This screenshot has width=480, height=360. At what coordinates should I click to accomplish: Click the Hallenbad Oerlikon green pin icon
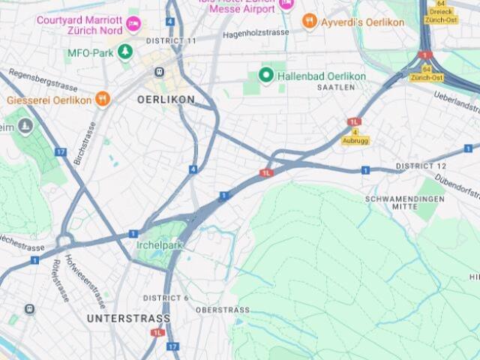click(265, 75)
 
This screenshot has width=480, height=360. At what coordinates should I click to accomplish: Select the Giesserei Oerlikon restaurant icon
click(103, 100)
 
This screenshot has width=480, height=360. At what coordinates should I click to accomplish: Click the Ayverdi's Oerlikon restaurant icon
click(310, 22)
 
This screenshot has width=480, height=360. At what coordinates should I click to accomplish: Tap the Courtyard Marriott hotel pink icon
click(133, 22)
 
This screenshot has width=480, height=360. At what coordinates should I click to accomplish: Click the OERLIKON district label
click(166, 99)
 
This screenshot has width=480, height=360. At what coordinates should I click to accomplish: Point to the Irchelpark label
click(160, 245)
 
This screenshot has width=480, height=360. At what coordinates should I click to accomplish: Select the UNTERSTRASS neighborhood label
click(128, 318)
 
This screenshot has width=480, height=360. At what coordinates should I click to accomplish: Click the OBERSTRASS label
click(223, 310)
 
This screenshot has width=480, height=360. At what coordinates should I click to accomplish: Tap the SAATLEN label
click(335, 88)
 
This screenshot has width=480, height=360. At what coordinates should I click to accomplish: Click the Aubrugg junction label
click(355, 141)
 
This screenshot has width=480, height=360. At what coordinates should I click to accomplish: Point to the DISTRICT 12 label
click(421, 165)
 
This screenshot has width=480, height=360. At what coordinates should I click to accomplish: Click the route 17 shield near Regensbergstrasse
click(60, 151)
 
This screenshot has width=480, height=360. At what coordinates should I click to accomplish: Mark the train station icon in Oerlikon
click(159, 72)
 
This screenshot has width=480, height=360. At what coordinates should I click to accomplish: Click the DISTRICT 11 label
click(171, 40)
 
